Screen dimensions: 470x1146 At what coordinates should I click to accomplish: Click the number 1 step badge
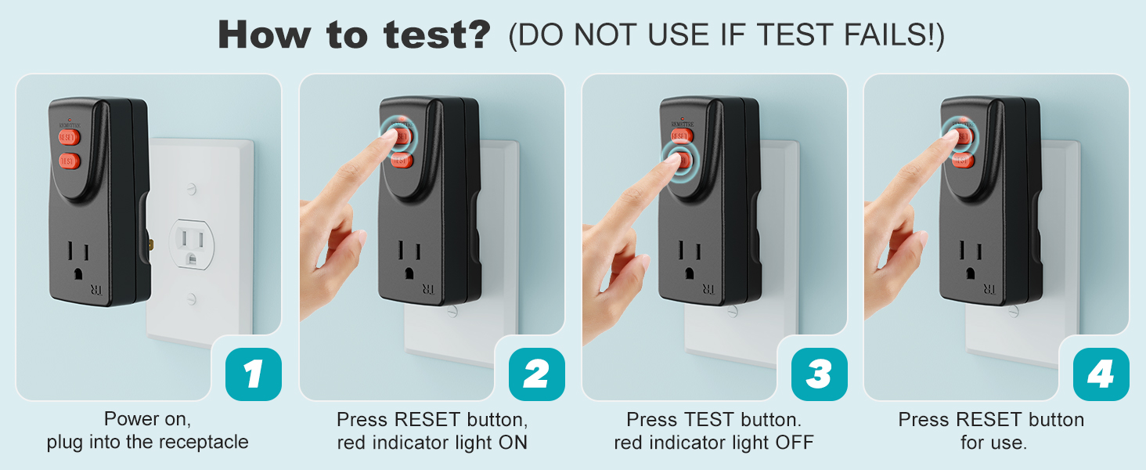pyautogui.click(x=253, y=374)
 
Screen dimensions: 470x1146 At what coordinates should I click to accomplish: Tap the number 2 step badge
pyautogui.click(x=536, y=374)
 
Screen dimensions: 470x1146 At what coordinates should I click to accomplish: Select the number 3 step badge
pyautogui.click(x=819, y=374)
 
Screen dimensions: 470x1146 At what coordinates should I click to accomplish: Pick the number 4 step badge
pyautogui.click(x=1101, y=374)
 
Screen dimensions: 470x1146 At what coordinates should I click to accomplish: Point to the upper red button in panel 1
pyautogui.click(x=70, y=136)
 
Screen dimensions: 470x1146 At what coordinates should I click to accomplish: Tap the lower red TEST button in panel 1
pyautogui.click(x=70, y=161)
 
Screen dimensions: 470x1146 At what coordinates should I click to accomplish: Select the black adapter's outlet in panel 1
pyautogui.click(x=79, y=258)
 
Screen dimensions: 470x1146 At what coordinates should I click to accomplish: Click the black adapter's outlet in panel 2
pyautogui.click(x=409, y=259)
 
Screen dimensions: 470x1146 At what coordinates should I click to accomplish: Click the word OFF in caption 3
pyautogui.click(x=791, y=442)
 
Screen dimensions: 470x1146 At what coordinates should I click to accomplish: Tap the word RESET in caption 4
pyautogui.click(x=988, y=419)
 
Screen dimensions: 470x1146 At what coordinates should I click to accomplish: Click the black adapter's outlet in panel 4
pyautogui.click(x=971, y=259)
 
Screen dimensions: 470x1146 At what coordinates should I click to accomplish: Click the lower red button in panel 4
pyautogui.click(x=962, y=161)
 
